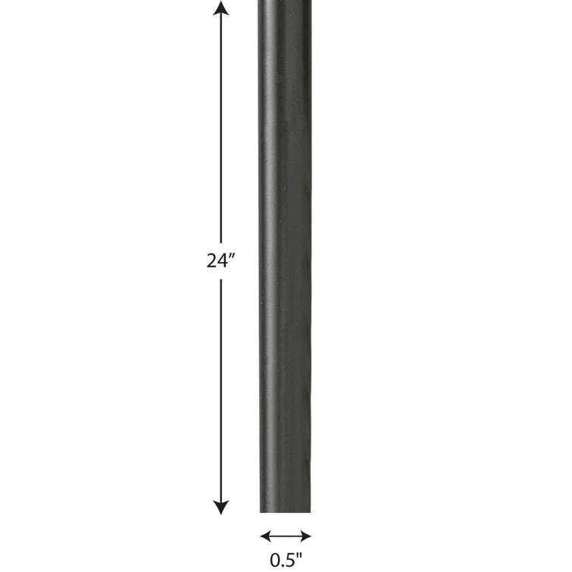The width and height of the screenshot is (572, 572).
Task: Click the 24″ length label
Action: click(x=221, y=261)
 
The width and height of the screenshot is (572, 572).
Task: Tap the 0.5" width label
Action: click(x=286, y=561)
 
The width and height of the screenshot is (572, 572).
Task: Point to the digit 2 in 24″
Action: click(x=212, y=261)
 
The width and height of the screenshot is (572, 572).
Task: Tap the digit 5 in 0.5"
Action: click(x=290, y=561)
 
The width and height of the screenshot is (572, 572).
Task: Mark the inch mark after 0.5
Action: click(x=299, y=557)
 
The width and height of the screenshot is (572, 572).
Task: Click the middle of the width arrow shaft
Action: click(x=286, y=536)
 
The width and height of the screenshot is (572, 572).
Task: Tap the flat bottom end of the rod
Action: click(x=286, y=511)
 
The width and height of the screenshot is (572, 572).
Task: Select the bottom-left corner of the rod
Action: click(x=261, y=512)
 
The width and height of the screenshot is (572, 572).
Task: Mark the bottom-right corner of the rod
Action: click(x=311, y=512)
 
